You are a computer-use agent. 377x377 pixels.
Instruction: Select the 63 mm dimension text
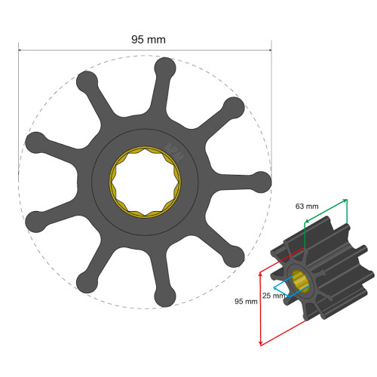click(308, 205)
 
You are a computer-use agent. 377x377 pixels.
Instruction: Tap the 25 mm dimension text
click(274, 295)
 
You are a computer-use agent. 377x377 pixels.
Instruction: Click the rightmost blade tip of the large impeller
click(260, 181)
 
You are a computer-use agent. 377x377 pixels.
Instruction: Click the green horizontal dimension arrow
click(325, 211)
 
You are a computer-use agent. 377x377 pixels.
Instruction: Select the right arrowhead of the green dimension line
click(345, 200)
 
